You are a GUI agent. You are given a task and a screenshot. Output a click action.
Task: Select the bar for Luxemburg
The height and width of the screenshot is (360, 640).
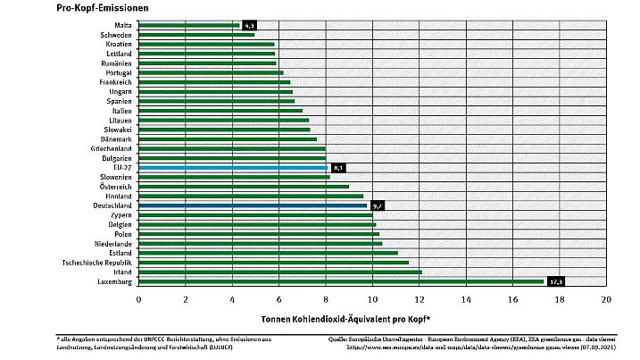tap(339, 281)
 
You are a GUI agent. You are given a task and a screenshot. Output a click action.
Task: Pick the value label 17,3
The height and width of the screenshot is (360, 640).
tap(556, 281)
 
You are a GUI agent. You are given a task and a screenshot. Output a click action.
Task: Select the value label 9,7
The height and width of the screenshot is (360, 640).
tap(377, 205)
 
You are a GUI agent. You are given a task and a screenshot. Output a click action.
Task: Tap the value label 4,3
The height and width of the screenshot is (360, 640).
tap(249, 25)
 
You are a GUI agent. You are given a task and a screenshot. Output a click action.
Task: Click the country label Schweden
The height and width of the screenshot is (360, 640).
tap(115, 35)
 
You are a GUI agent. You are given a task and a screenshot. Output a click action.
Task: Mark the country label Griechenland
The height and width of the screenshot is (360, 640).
tap(110, 148)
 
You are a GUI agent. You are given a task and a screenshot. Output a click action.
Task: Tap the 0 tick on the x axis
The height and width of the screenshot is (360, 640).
tap(139, 299)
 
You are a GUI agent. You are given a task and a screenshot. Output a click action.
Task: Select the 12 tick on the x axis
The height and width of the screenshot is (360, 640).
tap(420, 299)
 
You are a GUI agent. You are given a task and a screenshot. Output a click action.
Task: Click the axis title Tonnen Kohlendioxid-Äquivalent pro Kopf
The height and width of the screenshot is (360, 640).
tap(346, 318)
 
